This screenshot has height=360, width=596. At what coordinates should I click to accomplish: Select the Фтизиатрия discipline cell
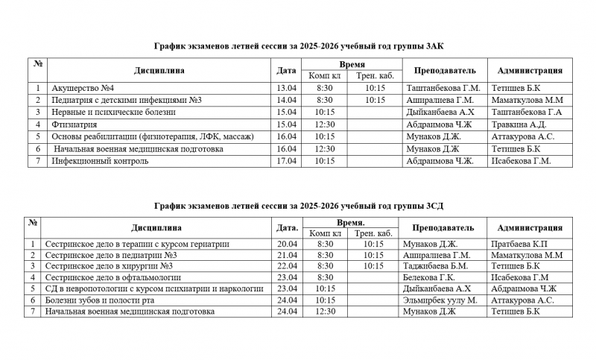coord(75,124)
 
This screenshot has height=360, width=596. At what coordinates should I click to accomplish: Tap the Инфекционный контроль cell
coord(100,160)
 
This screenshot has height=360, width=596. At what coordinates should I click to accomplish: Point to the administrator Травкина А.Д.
coord(519,124)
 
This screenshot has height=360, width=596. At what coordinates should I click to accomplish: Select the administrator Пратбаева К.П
coord(520,244)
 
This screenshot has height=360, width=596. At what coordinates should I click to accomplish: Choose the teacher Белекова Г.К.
coord(431,277)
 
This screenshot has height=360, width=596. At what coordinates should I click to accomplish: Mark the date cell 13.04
coord(286,88)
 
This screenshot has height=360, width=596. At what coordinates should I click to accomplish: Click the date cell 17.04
coord(286,160)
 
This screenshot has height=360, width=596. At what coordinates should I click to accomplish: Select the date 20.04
coord(287,244)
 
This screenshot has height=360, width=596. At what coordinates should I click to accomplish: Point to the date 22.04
coord(287,265)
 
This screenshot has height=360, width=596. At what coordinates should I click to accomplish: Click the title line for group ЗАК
coord(298,46)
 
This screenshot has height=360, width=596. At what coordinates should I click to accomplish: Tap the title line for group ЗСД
coord(298,204)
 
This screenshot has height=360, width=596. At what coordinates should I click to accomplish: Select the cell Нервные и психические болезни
coord(114,112)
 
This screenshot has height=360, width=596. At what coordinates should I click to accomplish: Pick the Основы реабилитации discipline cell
coord(153,136)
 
